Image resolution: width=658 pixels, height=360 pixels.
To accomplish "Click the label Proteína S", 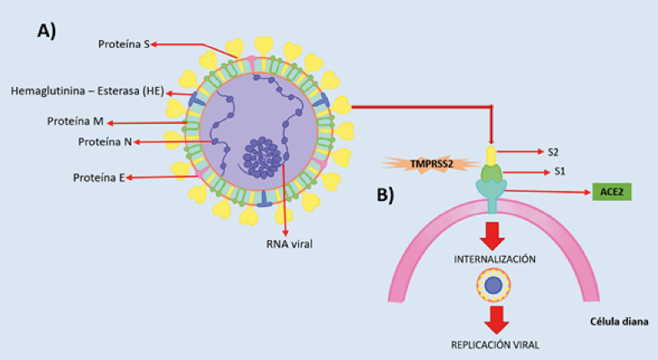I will (x=122, y=44).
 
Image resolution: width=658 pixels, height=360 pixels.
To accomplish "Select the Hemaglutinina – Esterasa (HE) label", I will (x=87, y=90).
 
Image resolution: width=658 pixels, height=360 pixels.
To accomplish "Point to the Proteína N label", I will (x=105, y=141).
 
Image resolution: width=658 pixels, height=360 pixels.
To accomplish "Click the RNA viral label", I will (x=289, y=245).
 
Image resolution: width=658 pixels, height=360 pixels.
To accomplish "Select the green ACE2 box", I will (x=611, y=192).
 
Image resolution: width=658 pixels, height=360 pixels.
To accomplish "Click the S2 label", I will (x=554, y=152).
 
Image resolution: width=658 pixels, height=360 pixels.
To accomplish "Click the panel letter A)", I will (x=46, y=31).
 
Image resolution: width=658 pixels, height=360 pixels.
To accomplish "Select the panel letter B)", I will (x=386, y=196).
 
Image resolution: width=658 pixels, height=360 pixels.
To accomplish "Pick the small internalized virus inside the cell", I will (x=493, y=285).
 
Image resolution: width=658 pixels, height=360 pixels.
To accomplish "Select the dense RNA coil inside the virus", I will (x=264, y=156).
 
